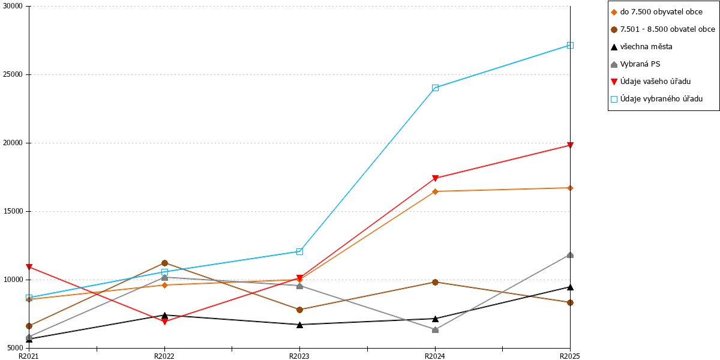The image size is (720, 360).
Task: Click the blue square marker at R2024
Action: coord(435,88)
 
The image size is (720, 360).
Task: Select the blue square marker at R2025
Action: coord(570,46)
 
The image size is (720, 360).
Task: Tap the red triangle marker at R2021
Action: coord(29,267)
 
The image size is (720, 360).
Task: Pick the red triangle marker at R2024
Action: coord(435,178)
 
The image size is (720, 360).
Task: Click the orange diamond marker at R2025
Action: coord(570,188)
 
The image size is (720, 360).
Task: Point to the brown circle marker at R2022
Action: coord(164,263)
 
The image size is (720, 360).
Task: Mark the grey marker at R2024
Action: coord(435,330)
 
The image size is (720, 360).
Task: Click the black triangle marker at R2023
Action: coord(299,325)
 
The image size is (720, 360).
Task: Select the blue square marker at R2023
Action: coord(299,251)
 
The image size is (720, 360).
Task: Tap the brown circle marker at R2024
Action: coord(435,282)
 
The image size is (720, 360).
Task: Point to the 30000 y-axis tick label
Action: coord(13,6)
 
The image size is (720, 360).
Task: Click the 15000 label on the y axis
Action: coord(13,211)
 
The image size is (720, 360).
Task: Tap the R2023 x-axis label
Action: coord(299,356)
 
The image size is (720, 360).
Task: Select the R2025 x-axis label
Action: coord(570,356)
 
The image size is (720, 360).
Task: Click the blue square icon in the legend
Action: coord(614,99)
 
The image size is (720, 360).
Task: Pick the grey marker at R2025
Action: coord(570,255)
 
